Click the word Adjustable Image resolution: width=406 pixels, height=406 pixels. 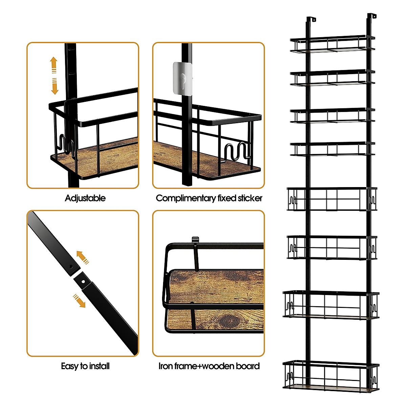click(x=85, y=199)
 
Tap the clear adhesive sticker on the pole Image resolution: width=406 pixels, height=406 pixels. click(x=183, y=79)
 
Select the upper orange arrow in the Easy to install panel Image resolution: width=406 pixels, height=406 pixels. click(x=83, y=257)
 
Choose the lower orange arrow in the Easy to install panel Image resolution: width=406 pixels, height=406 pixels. click(x=79, y=301)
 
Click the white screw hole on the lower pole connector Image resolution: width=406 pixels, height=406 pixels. click(x=84, y=281)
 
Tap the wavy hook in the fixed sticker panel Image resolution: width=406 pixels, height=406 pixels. click(x=237, y=151)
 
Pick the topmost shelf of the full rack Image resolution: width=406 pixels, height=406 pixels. click(x=332, y=44)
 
